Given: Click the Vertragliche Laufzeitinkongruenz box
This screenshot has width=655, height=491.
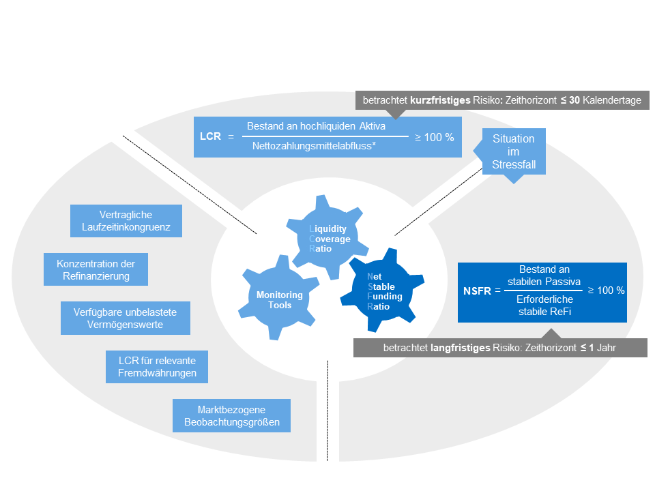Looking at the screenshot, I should click(x=126, y=221).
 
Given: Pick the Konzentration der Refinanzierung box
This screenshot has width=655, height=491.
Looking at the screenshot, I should click(x=96, y=270).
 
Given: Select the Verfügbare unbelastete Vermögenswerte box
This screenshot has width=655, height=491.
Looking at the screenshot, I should click(x=126, y=318).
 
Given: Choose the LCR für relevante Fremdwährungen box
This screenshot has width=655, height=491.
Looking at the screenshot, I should click(x=157, y=367).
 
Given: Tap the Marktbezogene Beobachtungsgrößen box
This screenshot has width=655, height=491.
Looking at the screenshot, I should click(x=231, y=416).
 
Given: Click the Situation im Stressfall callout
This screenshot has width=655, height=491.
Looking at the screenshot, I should click(x=513, y=151).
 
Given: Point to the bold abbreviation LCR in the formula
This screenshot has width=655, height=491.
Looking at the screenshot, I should click(x=210, y=136).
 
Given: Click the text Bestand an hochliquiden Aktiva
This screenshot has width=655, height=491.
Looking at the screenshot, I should click(x=316, y=126).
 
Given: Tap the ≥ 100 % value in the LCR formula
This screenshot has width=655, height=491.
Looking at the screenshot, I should click(x=434, y=137).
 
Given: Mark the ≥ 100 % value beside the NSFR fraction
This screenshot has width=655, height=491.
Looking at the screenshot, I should click(x=606, y=291).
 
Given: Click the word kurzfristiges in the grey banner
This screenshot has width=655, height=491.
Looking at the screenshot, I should click(x=440, y=100).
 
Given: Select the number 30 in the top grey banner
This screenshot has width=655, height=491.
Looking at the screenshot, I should click(x=574, y=100).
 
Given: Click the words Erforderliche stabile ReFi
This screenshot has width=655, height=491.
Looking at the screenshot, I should click(x=544, y=306).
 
